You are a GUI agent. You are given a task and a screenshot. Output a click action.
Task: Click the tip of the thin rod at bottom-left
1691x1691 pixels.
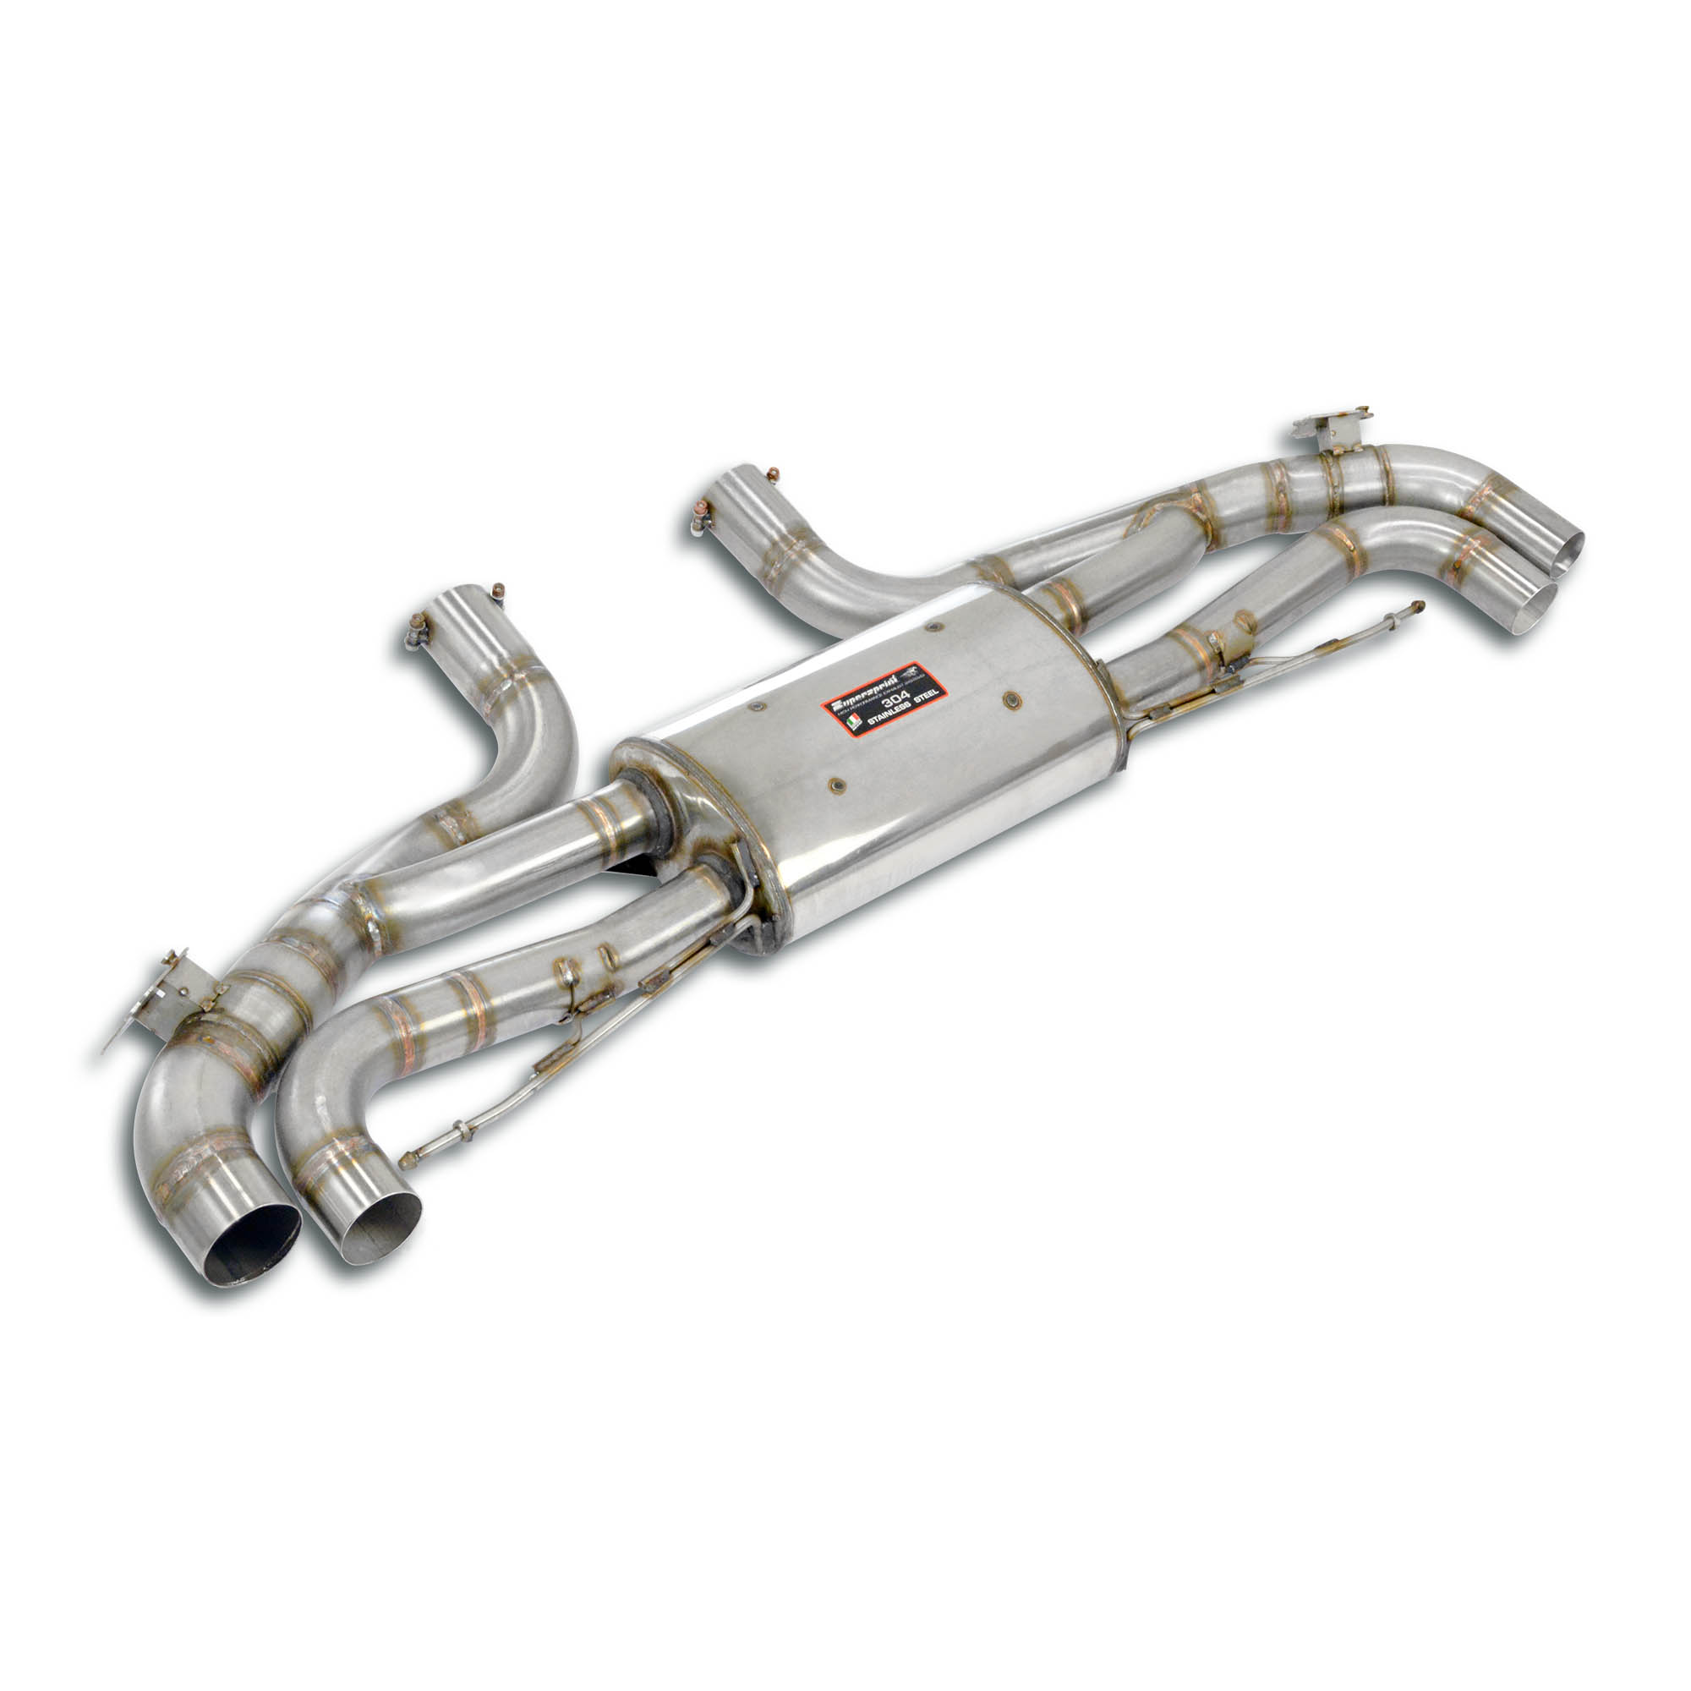[405, 1163]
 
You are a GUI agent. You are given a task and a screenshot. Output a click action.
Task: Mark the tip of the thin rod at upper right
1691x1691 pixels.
[1418, 605]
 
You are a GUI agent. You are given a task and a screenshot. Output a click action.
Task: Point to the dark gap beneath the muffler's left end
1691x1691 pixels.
[638, 865]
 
